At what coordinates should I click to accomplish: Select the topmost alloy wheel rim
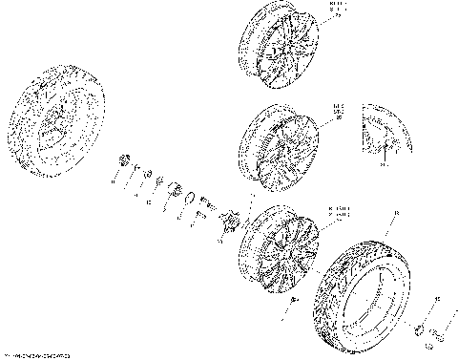point(279,45)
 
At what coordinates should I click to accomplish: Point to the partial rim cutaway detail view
point(384,130)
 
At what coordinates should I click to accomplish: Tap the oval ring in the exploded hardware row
point(204,200)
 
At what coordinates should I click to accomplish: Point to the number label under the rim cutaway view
point(383,164)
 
